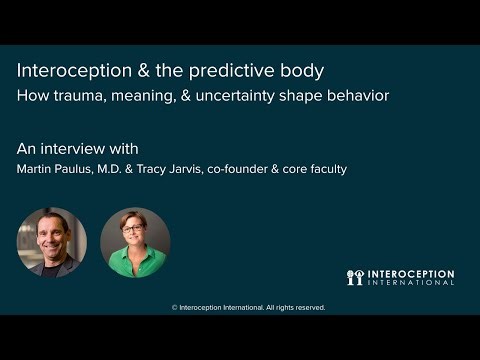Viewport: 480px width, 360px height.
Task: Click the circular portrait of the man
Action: click(x=52, y=241)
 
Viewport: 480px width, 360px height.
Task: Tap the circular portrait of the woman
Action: click(x=135, y=241)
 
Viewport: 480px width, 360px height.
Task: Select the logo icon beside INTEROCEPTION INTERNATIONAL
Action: click(x=354, y=277)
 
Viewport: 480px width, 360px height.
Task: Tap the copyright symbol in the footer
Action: click(x=175, y=308)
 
